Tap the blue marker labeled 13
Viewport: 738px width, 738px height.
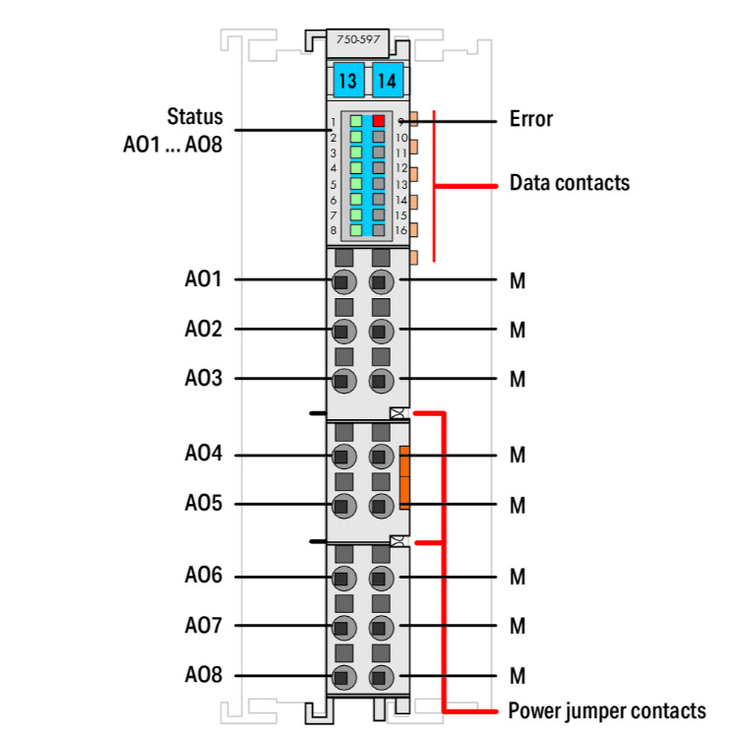[346, 80]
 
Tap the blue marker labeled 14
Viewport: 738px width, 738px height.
[387, 80]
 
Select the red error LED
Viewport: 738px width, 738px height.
[379, 121]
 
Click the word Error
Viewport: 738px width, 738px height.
[531, 120]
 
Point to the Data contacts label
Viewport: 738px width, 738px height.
[569, 183]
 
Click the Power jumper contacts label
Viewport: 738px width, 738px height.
[606, 710]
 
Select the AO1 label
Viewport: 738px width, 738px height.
[203, 279]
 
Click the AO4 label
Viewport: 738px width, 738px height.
[203, 455]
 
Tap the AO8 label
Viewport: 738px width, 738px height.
[203, 676]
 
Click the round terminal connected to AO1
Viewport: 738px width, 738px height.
[343, 281]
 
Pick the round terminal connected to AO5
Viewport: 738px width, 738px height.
[343, 506]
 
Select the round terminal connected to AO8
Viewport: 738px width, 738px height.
[343, 677]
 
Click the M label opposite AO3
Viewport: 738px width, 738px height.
[518, 380]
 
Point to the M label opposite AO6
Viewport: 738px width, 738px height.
[518, 577]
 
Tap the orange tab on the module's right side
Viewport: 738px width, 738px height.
[404, 476]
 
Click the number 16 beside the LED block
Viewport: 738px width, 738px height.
[400, 230]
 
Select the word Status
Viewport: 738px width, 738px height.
[195, 116]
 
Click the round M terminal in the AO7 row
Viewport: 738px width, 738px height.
[381, 626]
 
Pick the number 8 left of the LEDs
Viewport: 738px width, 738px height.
[334, 230]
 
